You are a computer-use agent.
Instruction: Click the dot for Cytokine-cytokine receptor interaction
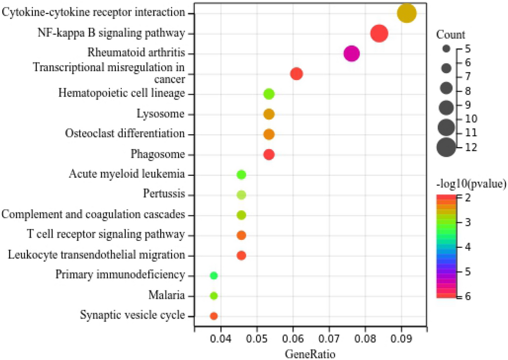coord(407,13)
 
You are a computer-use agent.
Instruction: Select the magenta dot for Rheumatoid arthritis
coord(352,54)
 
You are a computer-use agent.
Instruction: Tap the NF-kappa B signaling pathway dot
coord(379,33)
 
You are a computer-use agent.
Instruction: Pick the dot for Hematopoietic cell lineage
coord(269,94)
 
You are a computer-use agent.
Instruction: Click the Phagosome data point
coord(269,155)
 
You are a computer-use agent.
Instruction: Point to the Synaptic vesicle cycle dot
coord(214,316)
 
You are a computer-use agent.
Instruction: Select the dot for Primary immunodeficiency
coord(214,275)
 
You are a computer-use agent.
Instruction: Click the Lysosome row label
coord(160,114)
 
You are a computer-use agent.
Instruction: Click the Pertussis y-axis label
coord(164,193)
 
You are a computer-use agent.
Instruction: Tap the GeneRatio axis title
coord(311,354)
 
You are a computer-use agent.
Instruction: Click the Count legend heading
coord(451,36)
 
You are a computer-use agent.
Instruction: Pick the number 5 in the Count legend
coord(467,49)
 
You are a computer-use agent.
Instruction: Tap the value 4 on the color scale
coord(467,247)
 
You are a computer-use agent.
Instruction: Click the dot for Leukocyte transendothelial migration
coord(241,255)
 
